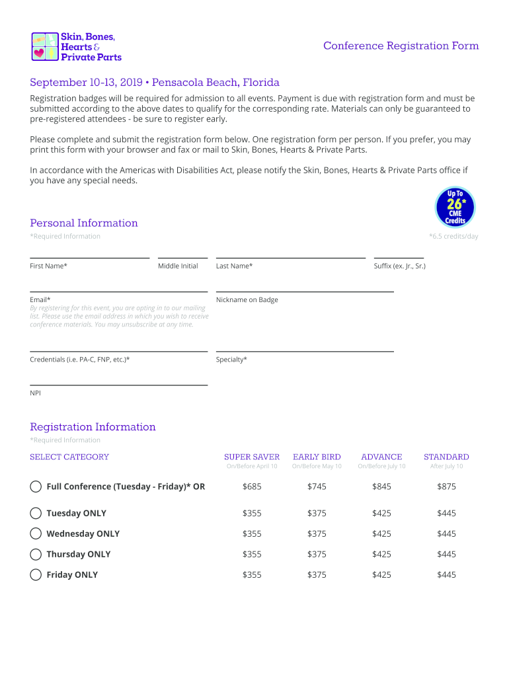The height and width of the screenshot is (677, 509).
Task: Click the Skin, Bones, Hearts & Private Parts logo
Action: click(77, 47)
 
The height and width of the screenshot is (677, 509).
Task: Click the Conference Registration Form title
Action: click(401, 46)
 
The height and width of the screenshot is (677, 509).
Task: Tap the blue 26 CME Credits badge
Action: click(455, 207)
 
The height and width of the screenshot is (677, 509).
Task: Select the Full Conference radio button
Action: click(36, 487)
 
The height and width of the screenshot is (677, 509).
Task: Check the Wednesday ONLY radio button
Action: click(36, 534)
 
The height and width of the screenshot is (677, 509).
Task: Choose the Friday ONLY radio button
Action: click(36, 575)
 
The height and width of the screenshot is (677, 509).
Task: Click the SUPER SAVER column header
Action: click(252, 457)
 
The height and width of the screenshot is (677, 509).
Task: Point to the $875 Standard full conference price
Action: click(446, 487)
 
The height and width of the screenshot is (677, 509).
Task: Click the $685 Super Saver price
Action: click(252, 487)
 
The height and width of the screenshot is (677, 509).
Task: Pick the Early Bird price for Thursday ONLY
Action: click(317, 554)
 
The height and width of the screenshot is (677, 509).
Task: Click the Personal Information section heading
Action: click(84, 223)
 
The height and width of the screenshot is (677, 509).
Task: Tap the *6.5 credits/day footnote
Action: click(453, 237)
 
